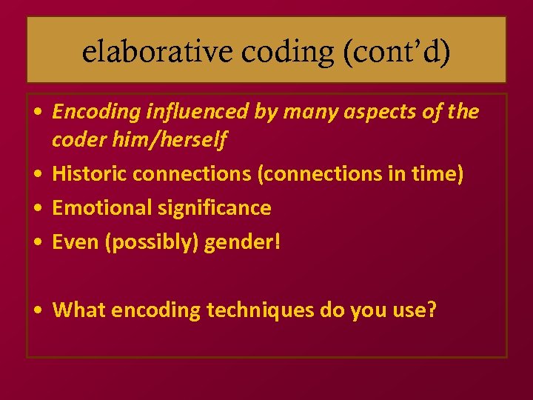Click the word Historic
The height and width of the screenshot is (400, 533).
click(x=88, y=174)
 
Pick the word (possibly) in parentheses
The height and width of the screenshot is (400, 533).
click(x=147, y=242)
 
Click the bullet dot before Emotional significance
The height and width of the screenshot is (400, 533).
click(x=37, y=209)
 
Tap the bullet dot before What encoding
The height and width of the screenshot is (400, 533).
click(x=37, y=310)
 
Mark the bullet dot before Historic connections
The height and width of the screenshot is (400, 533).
click(x=37, y=175)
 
